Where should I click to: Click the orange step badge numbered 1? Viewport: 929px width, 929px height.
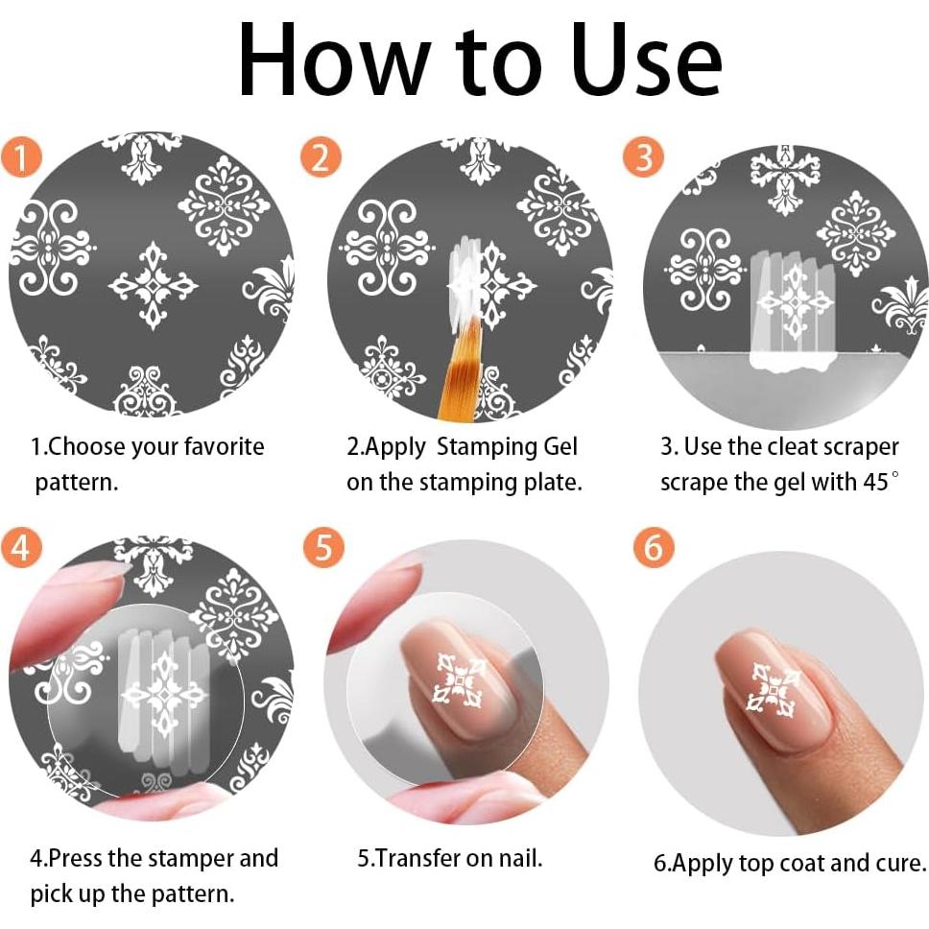21,157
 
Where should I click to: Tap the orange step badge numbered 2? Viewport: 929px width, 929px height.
321,157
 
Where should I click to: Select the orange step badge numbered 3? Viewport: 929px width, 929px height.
643,157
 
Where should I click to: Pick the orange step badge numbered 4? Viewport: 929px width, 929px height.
21,546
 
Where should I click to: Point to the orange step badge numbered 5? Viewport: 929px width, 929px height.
323,546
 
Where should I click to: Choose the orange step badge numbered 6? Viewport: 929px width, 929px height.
654,546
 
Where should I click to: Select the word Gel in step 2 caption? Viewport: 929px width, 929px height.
560,446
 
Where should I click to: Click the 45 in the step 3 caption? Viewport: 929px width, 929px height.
876,482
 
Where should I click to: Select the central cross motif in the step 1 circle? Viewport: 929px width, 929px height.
153,285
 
